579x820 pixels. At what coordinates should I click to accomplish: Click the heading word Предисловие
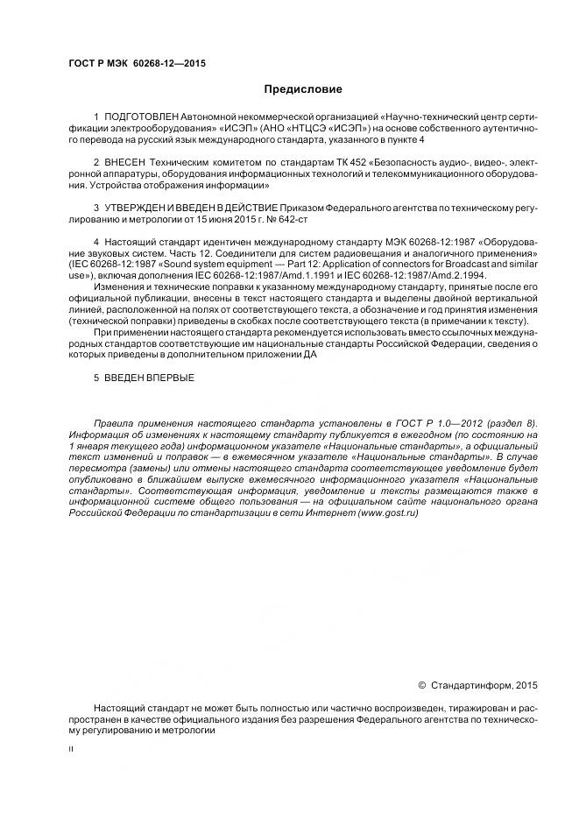tap(303, 89)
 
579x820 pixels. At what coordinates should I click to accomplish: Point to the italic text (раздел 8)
tap(511, 422)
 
